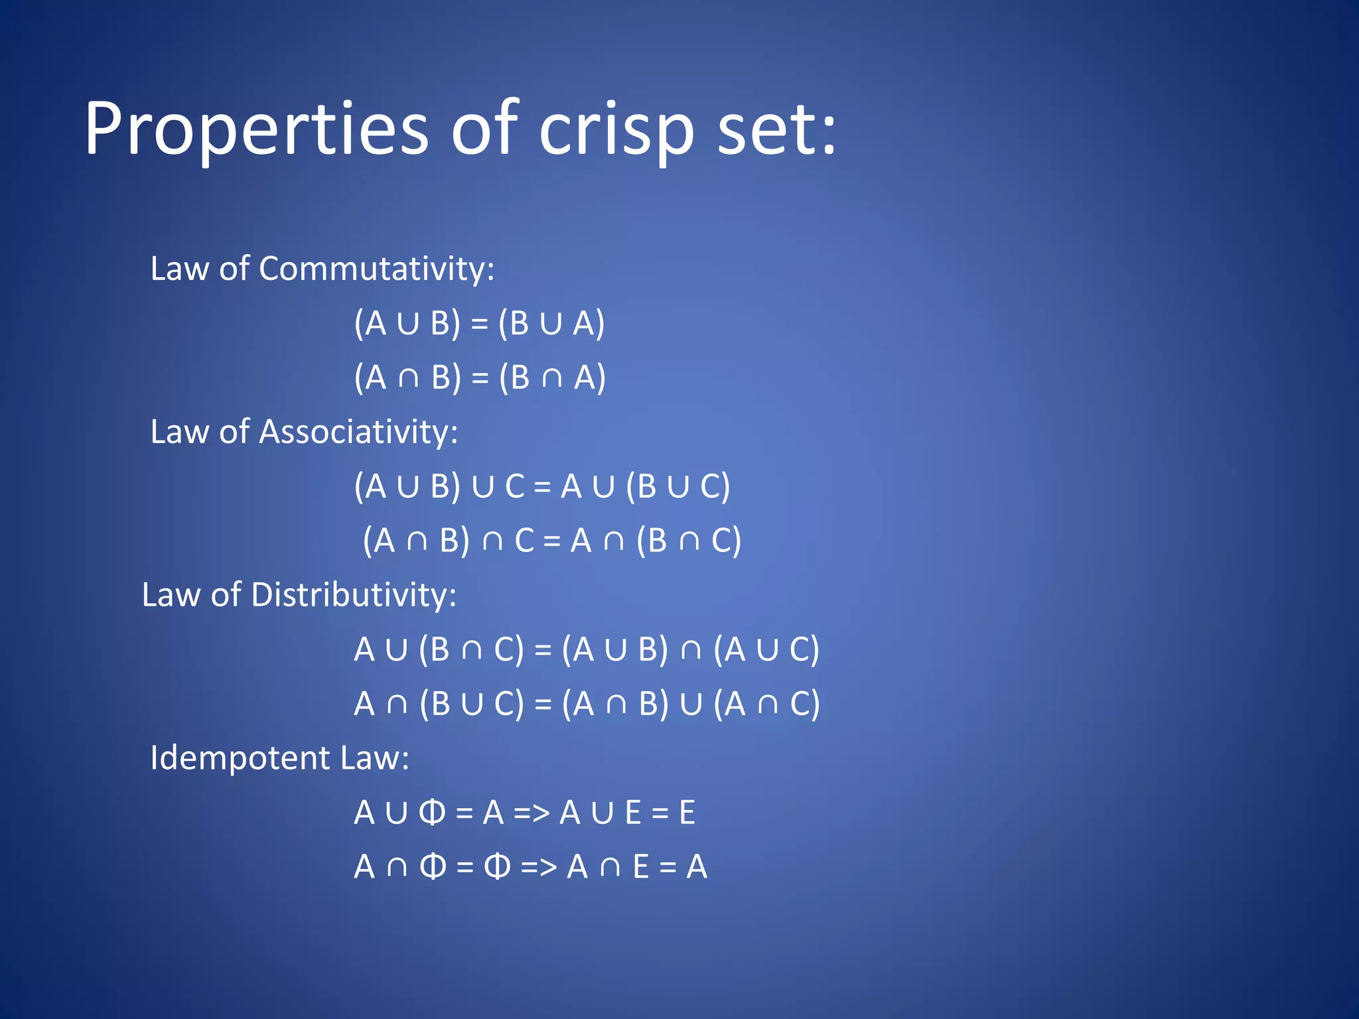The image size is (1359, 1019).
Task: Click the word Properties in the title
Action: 256,129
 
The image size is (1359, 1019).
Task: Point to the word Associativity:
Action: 358,433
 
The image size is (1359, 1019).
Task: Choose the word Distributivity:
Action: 353,595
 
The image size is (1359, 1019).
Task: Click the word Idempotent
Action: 240,758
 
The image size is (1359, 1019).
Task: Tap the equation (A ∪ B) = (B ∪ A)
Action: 479,324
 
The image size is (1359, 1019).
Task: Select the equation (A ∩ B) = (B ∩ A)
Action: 480,378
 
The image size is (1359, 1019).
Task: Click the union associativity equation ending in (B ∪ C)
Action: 541,487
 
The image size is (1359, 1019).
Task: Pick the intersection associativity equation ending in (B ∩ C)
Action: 551,541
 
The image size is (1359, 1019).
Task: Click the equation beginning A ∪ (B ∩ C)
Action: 587,649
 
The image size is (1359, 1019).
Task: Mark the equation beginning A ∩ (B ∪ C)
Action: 587,704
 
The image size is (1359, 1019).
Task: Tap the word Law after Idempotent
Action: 374,758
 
